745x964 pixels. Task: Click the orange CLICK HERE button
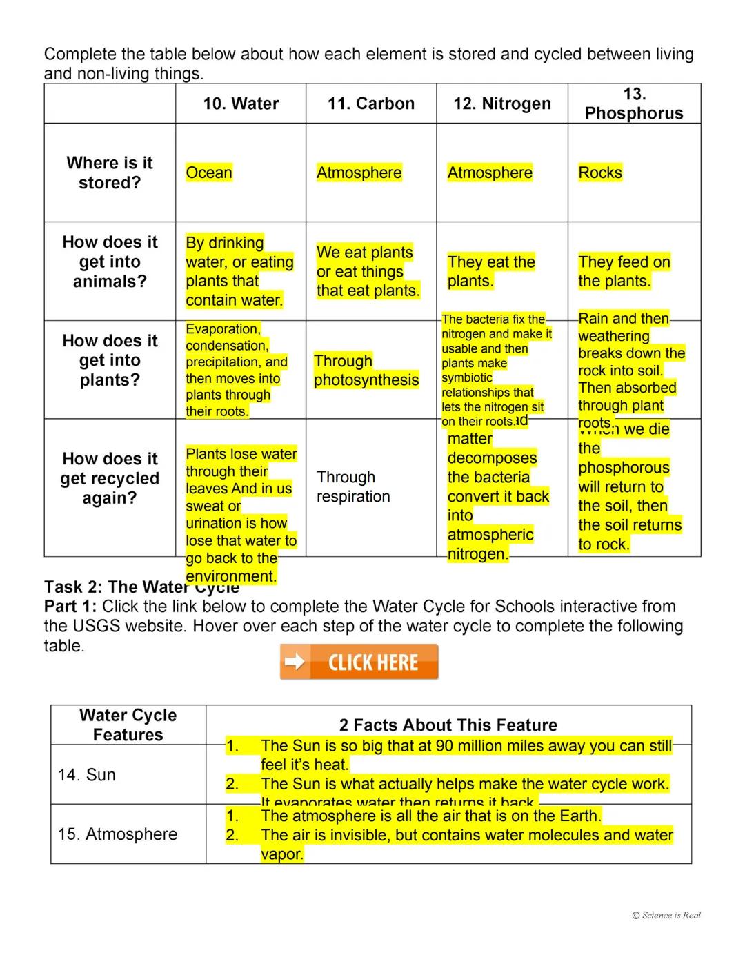(359, 662)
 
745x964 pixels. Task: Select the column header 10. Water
(241, 104)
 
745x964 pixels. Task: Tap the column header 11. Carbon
(371, 104)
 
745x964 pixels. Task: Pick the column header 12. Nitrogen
(502, 104)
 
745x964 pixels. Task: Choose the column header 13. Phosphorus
(634, 104)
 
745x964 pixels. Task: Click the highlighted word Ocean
(209, 173)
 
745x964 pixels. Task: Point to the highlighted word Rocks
(600, 173)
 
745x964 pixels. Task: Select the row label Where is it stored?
(110, 173)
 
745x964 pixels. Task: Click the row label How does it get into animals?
(110, 262)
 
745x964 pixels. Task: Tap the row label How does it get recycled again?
(110, 478)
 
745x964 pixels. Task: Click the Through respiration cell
(353, 486)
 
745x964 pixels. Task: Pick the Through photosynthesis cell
(366, 371)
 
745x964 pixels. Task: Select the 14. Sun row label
(87, 775)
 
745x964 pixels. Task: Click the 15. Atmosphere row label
(118, 834)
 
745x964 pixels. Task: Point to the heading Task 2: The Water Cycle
(141, 587)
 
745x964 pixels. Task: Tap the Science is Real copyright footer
(666, 916)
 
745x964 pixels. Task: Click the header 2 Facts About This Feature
(448, 725)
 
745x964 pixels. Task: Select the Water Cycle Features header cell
(128, 725)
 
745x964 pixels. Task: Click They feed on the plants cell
(624, 271)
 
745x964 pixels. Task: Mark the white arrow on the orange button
(295, 662)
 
